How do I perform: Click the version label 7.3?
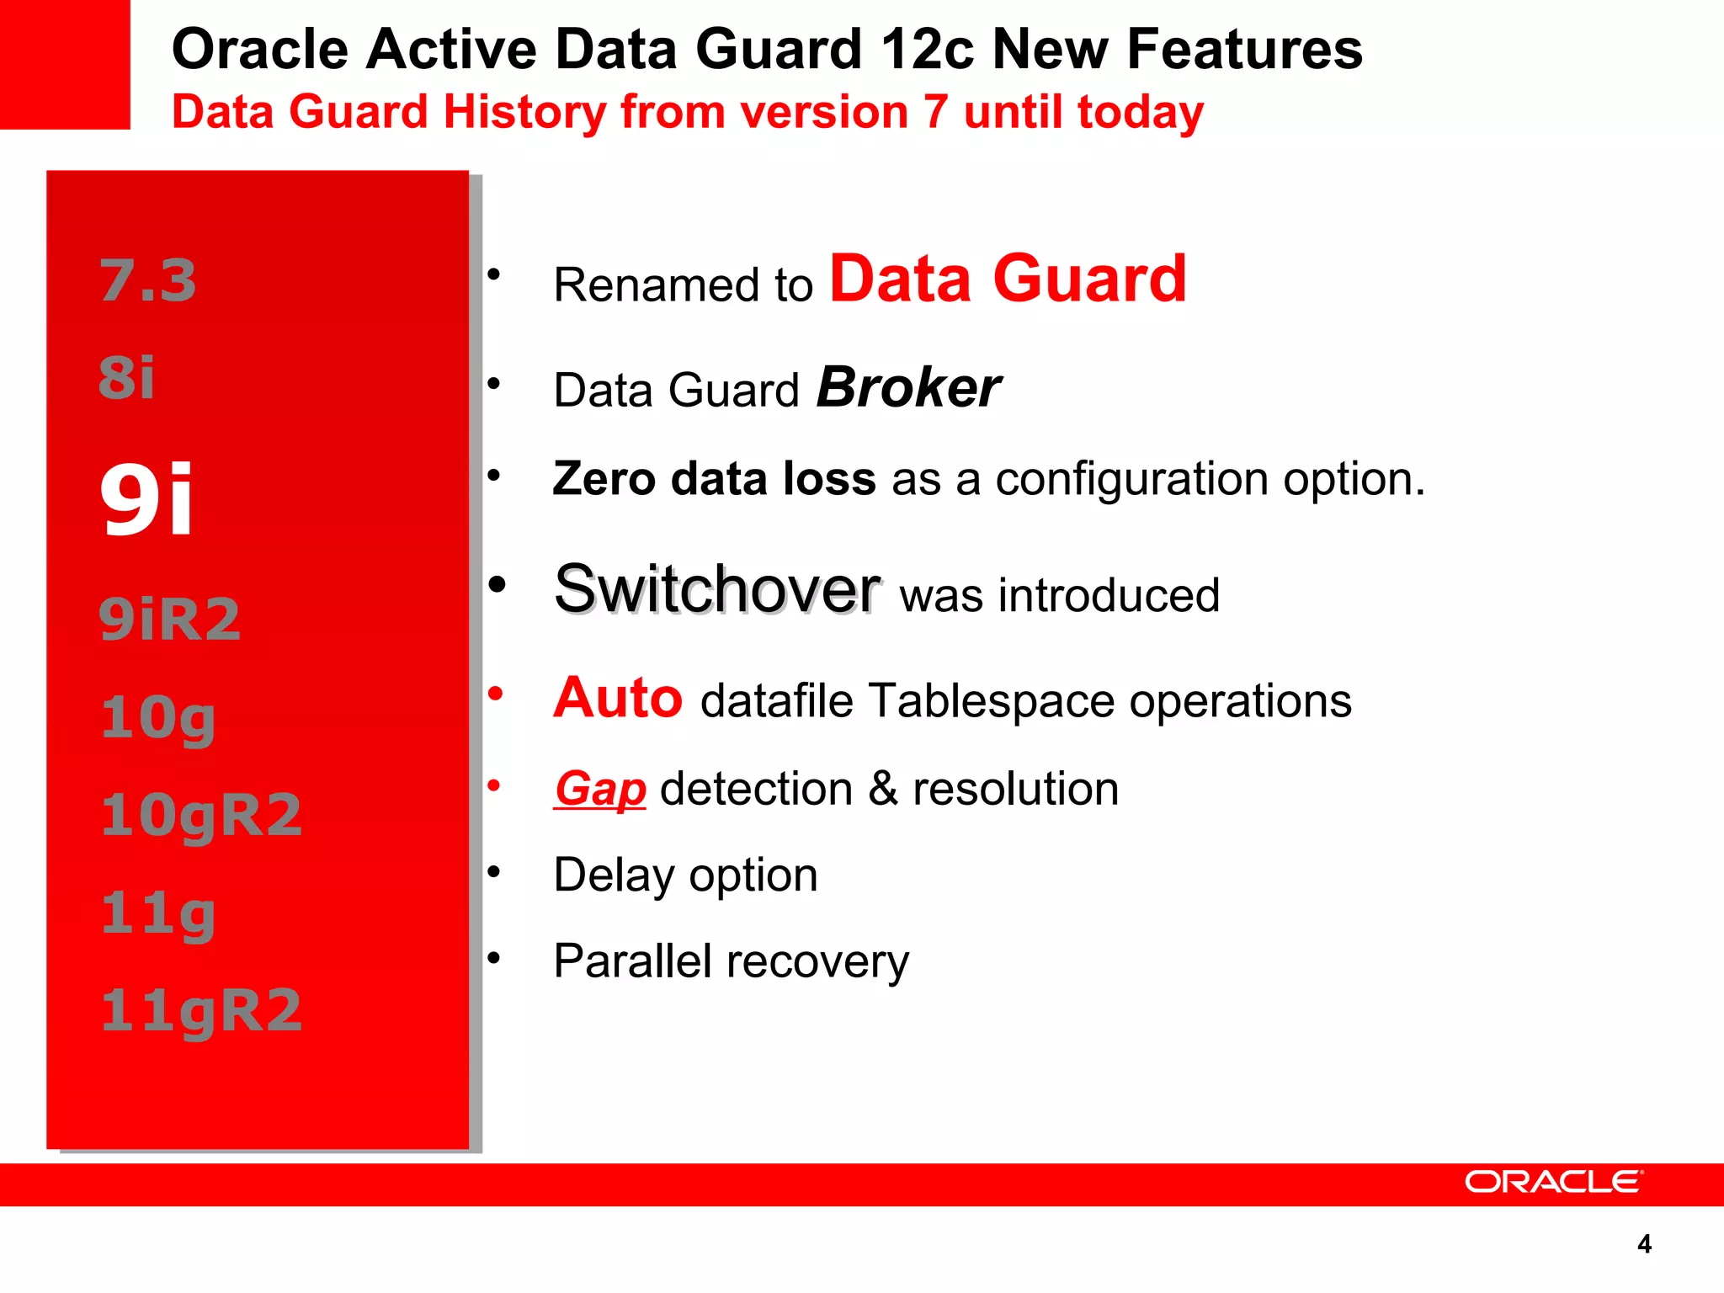click(x=148, y=280)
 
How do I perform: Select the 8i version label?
click(x=127, y=377)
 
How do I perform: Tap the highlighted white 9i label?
click(x=146, y=500)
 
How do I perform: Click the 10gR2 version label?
click(x=201, y=815)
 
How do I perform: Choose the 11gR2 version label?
click(x=201, y=1010)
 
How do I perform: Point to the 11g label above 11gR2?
click(x=158, y=914)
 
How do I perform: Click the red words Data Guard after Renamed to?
click(x=1008, y=279)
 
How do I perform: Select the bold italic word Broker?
click(x=908, y=388)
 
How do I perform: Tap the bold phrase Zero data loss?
click(x=714, y=478)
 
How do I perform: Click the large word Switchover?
click(x=717, y=589)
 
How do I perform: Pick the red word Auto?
click(x=617, y=698)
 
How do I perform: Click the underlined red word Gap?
click(x=599, y=789)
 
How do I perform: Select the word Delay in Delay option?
click(x=613, y=875)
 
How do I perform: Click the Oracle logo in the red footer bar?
click(x=1553, y=1182)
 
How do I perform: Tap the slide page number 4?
click(x=1644, y=1244)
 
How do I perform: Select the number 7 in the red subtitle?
click(x=935, y=112)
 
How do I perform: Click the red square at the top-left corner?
click(x=65, y=64)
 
